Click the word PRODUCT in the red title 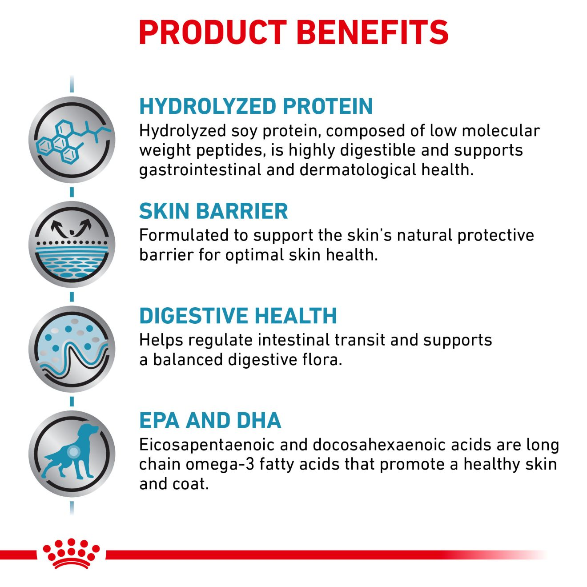tap(213, 32)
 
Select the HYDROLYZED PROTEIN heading tap(256, 106)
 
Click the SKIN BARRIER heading tap(213, 211)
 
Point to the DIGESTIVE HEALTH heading tap(238, 316)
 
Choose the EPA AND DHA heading tap(210, 420)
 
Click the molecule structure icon tap(72, 140)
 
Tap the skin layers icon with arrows tap(72, 244)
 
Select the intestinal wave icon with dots tap(72, 349)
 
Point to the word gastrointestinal tap(200, 170)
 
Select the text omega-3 tap(220, 465)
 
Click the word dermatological tap(358, 170)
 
